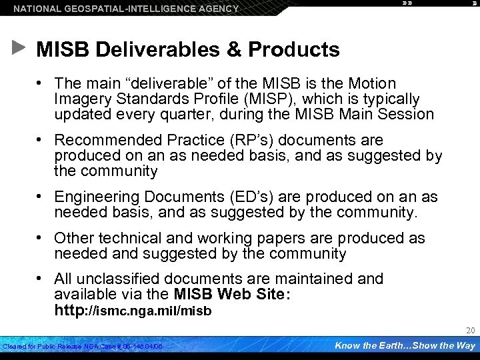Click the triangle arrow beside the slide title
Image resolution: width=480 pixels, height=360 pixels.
(19, 48)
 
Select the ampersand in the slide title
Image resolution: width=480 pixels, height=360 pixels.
(233, 49)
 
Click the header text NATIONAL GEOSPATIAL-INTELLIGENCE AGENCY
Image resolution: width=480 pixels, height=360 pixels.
(126, 9)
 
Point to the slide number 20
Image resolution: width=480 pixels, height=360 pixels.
(470, 331)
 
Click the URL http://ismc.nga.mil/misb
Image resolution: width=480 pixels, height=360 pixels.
(133, 310)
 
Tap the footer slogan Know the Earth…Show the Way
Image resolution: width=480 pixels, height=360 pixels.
(405, 345)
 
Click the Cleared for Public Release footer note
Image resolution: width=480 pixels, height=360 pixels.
(83, 347)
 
